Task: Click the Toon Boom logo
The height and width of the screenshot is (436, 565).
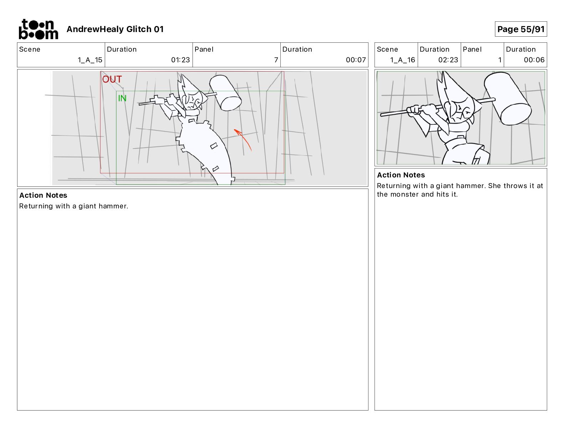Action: (x=39, y=29)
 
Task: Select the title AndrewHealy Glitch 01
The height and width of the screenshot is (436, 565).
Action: (x=115, y=29)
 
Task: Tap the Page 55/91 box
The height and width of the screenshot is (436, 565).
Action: (x=520, y=29)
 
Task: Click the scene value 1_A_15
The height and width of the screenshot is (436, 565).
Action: (x=90, y=60)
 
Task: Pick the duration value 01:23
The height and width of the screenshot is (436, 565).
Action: (x=180, y=60)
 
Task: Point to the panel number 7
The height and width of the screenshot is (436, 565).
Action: (x=276, y=60)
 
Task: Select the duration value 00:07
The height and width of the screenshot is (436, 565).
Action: (x=356, y=60)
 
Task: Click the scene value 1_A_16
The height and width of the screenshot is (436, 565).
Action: (x=402, y=60)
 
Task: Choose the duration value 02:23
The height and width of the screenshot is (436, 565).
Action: (x=448, y=60)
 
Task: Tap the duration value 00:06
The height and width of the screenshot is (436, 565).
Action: (x=534, y=60)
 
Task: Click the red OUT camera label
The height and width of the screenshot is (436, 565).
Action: (x=112, y=79)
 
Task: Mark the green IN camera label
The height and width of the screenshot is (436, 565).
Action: (x=122, y=98)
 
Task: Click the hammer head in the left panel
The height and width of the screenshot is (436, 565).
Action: (x=225, y=93)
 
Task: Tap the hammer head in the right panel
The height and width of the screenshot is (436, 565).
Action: (x=508, y=99)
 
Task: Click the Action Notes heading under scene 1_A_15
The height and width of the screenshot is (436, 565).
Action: (x=43, y=195)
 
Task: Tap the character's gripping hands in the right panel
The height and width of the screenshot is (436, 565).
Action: (x=422, y=109)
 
